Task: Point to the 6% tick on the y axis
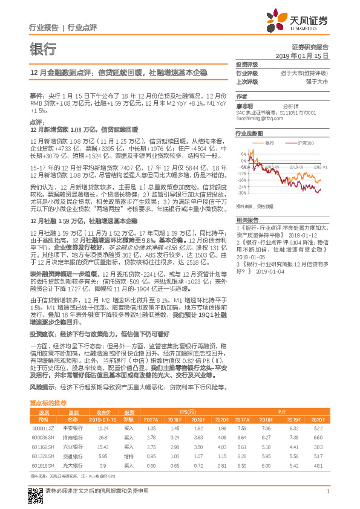pos(243,154)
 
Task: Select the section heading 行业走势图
pos(249,132)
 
